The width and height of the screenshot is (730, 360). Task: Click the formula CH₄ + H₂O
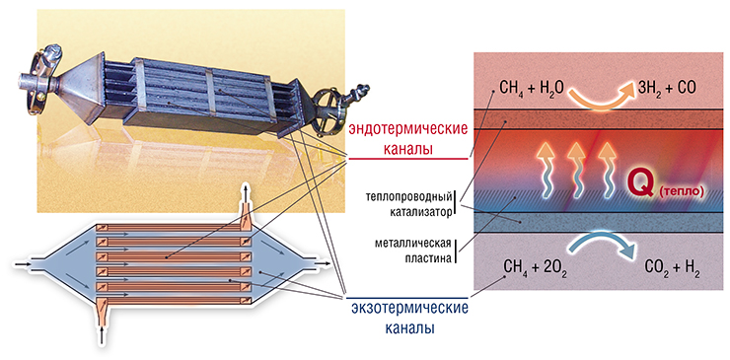(x=531, y=88)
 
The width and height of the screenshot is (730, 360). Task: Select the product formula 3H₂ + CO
(x=667, y=88)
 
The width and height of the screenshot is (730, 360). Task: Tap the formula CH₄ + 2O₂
(x=535, y=269)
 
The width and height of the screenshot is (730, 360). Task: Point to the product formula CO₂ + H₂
(x=672, y=269)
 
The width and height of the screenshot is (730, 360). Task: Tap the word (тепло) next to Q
(x=681, y=192)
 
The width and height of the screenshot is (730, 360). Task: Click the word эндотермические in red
(x=407, y=129)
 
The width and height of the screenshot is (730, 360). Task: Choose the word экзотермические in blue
(x=409, y=308)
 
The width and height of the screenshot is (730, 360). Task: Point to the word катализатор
(x=421, y=212)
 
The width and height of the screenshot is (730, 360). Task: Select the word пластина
(x=428, y=258)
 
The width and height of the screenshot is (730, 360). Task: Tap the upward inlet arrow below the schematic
(x=102, y=335)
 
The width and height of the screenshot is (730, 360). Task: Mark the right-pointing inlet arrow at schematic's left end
(x=22, y=264)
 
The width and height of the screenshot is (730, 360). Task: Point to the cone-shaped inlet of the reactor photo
(x=82, y=87)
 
